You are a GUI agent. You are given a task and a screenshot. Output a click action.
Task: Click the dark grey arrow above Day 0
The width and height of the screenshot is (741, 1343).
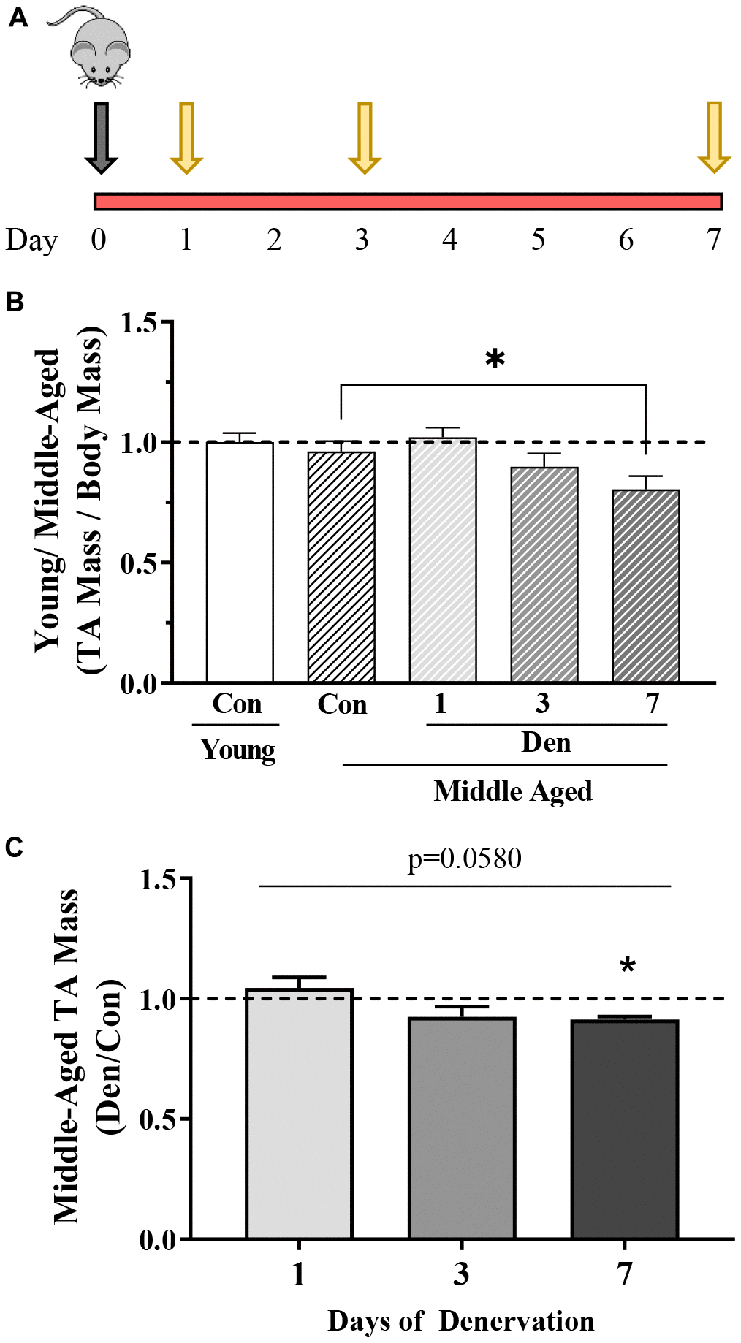point(101,137)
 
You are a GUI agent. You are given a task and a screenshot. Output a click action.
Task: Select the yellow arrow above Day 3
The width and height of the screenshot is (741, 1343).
point(364,137)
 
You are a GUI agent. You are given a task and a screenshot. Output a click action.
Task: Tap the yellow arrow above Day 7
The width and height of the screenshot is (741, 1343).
point(714,137)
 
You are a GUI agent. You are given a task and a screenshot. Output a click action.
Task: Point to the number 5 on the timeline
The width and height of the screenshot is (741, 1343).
point(538,240)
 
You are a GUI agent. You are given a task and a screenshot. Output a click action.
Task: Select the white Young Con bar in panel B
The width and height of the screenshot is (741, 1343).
point(240,563)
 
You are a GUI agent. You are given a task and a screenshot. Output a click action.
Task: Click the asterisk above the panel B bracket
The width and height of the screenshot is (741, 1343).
point(495,359)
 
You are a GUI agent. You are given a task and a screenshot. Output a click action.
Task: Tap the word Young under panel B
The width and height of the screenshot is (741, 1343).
point(238,750)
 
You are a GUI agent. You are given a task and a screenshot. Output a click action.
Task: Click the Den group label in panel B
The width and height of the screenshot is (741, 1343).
point(546,743)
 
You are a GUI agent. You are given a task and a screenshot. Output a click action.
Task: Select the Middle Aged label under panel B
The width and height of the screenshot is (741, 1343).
point(512,791)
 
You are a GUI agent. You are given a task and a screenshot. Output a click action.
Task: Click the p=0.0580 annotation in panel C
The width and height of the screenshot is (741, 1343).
point(465,859)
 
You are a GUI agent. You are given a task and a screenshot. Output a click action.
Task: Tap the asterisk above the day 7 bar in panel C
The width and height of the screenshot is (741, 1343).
point(627,967)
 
